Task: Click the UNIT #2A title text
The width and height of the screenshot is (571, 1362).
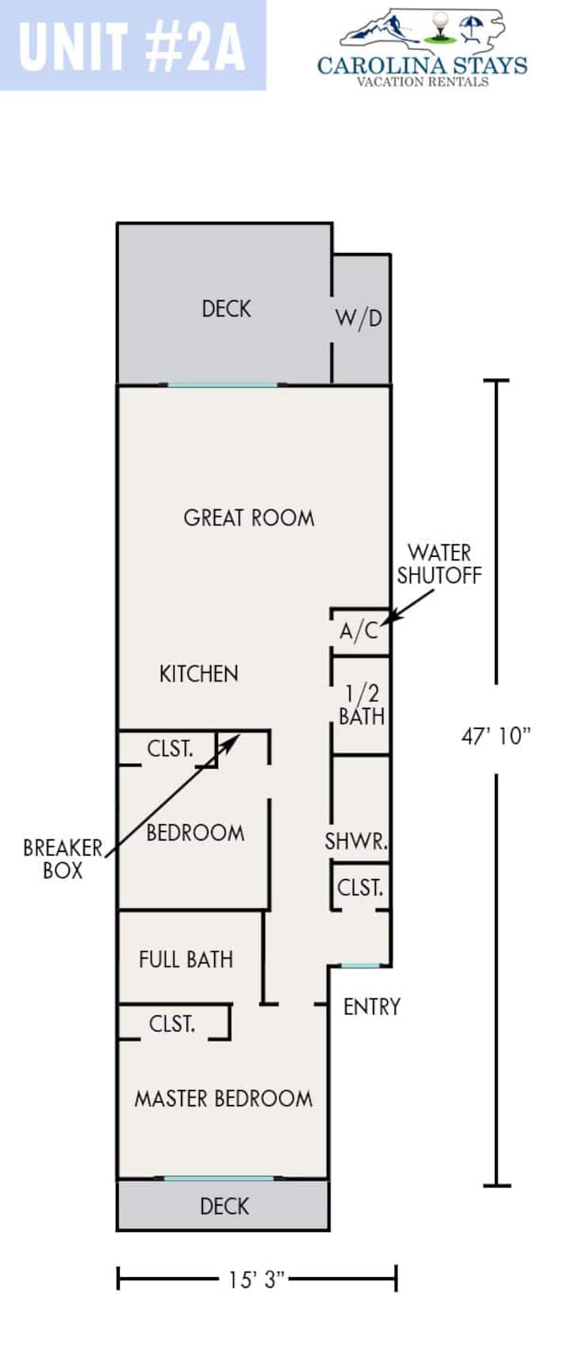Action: point(132,45)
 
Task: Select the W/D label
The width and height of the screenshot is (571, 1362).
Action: point(358,318)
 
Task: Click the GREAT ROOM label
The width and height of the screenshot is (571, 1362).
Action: point(249,518)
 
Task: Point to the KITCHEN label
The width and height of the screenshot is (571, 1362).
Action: point(198,674)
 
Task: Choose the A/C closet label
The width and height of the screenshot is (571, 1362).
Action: point(359,631)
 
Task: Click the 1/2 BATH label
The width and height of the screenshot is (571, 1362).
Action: point(362,705)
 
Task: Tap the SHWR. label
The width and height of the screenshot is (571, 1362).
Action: point(356,841)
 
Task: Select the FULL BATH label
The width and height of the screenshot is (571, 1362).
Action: point(186,960)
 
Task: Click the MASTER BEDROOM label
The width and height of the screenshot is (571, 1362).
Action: point(224,1099)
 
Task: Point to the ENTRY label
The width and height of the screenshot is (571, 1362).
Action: point(372,1007)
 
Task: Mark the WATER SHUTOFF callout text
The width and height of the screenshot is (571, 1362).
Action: point(439,564)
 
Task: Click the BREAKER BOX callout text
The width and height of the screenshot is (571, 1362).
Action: point(63,859)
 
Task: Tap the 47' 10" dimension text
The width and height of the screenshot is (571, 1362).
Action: point(496,736)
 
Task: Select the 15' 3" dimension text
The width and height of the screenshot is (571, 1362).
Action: point(257,1280)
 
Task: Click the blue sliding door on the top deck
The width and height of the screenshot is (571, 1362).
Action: point(223,386)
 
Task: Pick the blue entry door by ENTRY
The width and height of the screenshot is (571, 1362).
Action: point(361,965)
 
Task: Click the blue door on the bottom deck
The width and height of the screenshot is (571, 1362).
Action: point(219,1179)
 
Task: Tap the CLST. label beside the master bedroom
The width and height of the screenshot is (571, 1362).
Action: point(172,1024)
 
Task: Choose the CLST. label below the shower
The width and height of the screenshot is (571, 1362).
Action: point(361,888)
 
